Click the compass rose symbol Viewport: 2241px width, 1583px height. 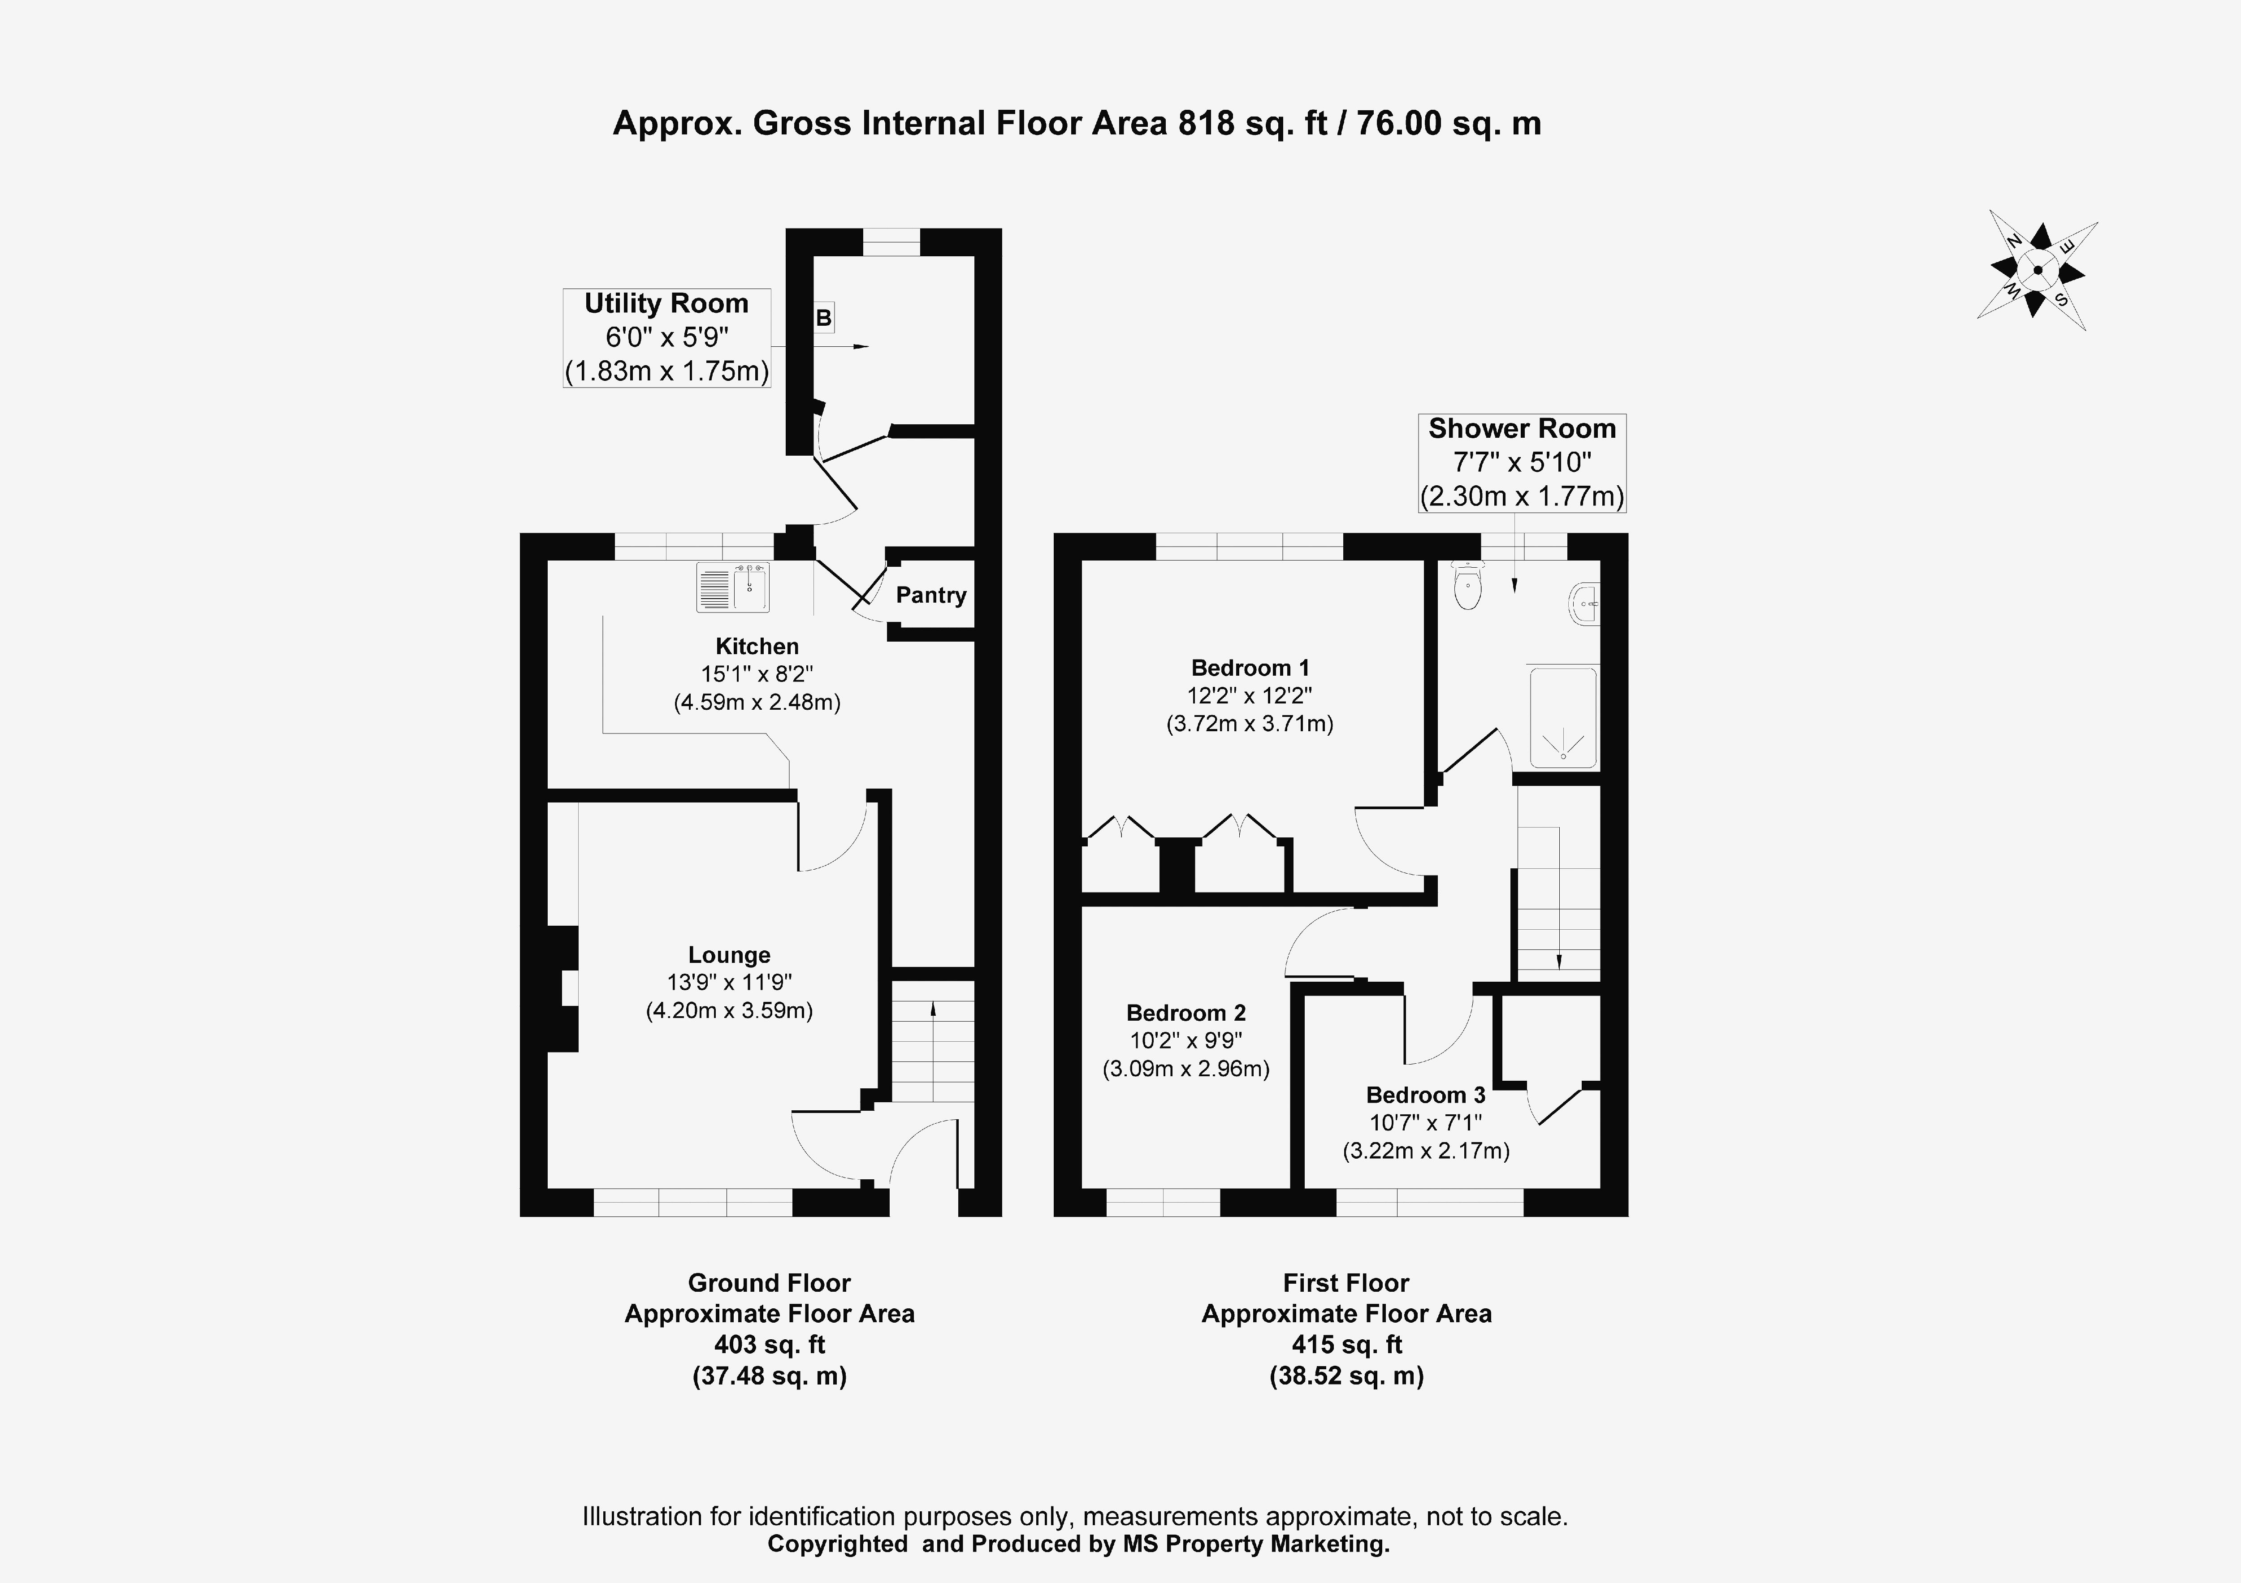[x=2037, y=272]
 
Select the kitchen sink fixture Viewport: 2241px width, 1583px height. [x=733, y=587]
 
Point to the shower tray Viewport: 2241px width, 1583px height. [x=1562, y=717]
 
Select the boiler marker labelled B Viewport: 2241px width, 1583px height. [x=824, y=317]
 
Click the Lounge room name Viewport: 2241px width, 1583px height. [x=729, y=955]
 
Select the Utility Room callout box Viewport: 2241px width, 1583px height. [x=666, y=338]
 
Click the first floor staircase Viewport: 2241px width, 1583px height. [x=1558, y=903]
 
